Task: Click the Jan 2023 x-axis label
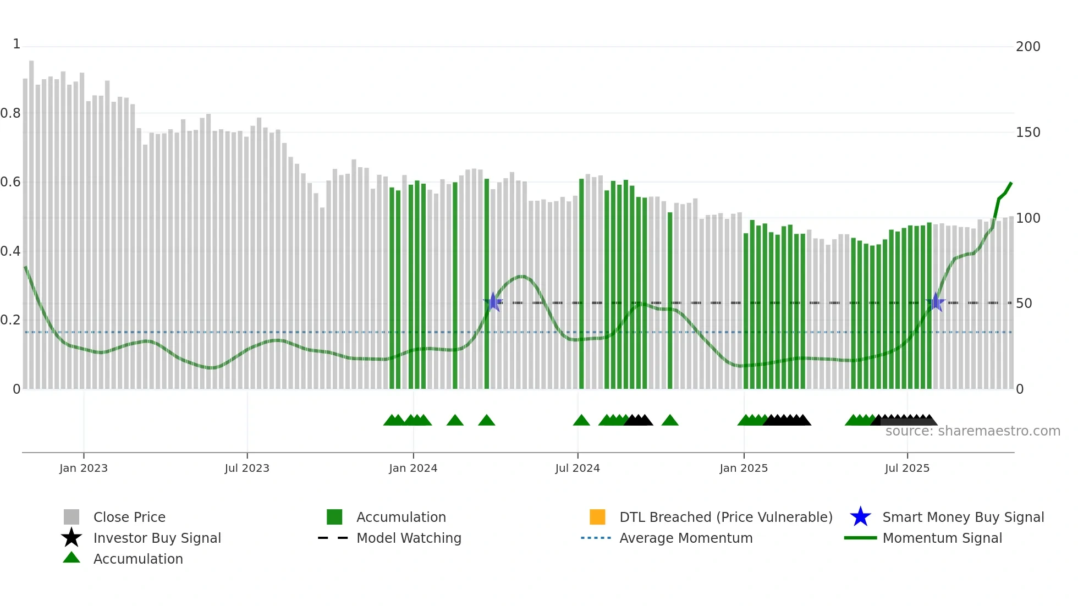tap(84, 468)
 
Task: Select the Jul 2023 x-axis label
tap(247, 468)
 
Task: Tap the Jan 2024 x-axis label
tap(413, 468)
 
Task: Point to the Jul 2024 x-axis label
tap(577, 468)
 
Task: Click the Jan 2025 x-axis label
tap(744, 468)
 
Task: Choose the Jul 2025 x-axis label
tap(907, 468)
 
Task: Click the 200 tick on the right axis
tap(1027, 47)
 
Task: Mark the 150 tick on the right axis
tap(1027, 133)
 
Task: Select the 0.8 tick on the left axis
tap(11, 113)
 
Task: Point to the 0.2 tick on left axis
tap(11, 320)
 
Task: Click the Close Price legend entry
tap(129, 517)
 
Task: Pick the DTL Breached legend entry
tap(725, 517)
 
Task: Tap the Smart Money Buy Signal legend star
tap(860, 517)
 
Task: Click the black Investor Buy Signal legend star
tap(71, 538)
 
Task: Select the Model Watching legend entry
tap(408, 538)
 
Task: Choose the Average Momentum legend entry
tap(685, 538)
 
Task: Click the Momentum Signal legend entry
tap(942, 538)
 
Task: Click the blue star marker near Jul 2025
tap(936, 302)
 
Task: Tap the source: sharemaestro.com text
tap(972, 431)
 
